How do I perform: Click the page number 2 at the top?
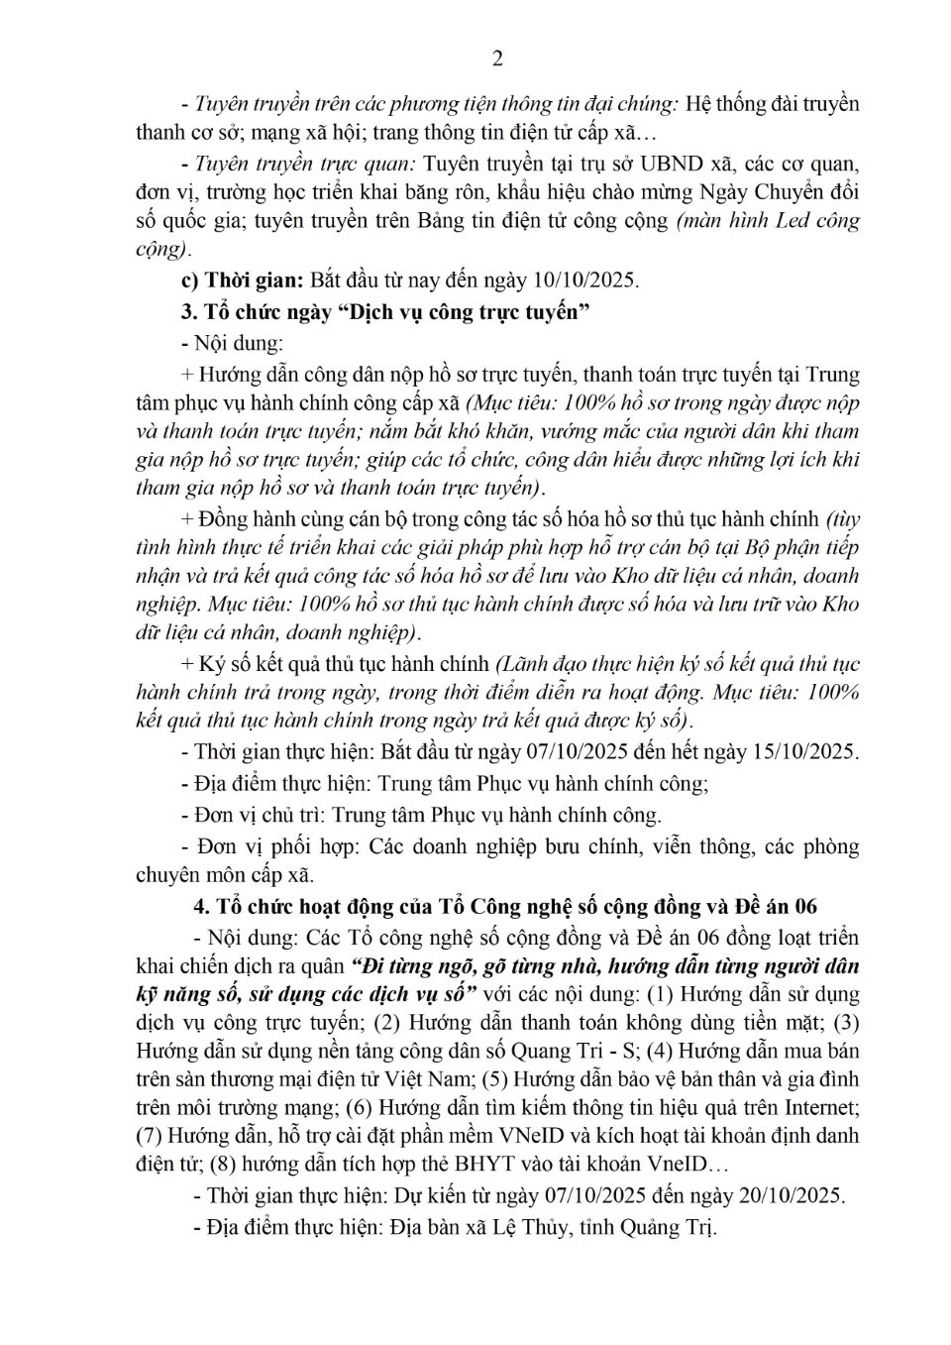[x=497, y=58]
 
